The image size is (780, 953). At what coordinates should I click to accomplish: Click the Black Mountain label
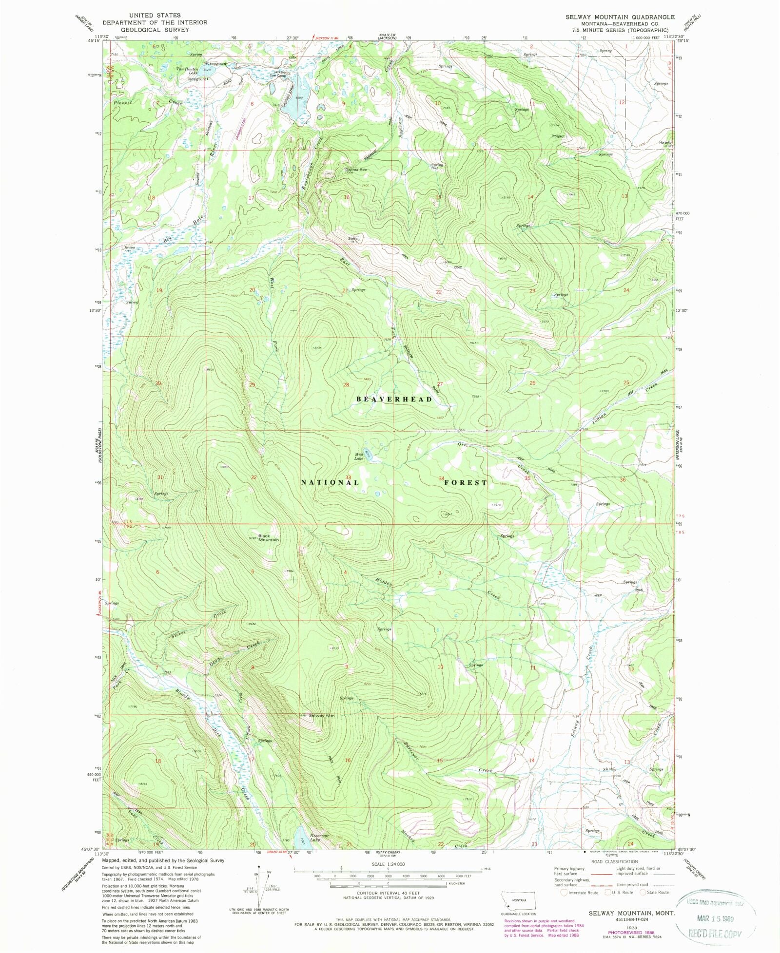268,537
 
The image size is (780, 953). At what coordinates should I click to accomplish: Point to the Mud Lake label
359,457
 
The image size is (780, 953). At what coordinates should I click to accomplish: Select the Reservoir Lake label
319,837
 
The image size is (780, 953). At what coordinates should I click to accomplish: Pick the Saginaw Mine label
356,170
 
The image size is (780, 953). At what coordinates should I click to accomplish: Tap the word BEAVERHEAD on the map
394,399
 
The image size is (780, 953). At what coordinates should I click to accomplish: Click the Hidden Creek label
384,582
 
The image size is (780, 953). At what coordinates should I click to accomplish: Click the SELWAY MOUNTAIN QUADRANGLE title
620,17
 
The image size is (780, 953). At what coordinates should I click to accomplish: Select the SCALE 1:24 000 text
388,864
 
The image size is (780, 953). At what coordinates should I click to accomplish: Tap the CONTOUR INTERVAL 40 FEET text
388,893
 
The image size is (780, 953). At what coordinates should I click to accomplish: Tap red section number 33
348,477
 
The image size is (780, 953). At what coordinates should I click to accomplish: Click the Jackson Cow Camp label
279,74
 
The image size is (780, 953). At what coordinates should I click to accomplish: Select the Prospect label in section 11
558,136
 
